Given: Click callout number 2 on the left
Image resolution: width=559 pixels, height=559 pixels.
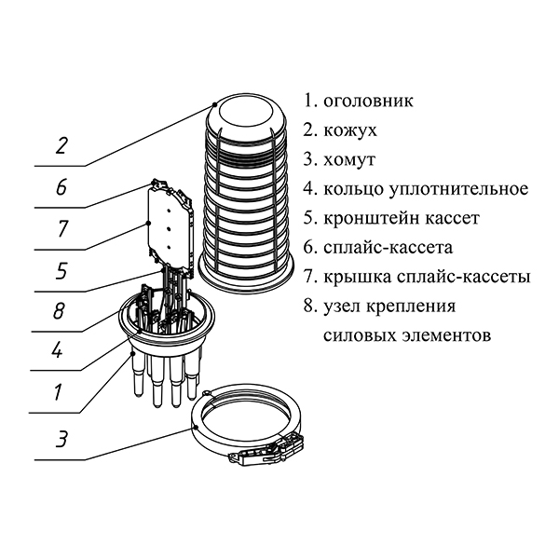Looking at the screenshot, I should tap(61, 145).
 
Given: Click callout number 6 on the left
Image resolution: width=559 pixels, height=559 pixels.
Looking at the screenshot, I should tap(61, 187).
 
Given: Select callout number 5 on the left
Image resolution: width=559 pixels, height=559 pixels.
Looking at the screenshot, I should tap(61, 271).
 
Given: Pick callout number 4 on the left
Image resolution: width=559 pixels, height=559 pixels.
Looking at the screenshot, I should tap(58, 353).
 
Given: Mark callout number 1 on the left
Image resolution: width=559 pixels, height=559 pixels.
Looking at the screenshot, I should tap(58, 393).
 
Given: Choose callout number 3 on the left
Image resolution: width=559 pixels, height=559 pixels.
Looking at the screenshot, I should tap(61, 438).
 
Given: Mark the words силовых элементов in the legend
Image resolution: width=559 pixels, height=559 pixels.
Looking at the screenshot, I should tap(404, 334).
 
